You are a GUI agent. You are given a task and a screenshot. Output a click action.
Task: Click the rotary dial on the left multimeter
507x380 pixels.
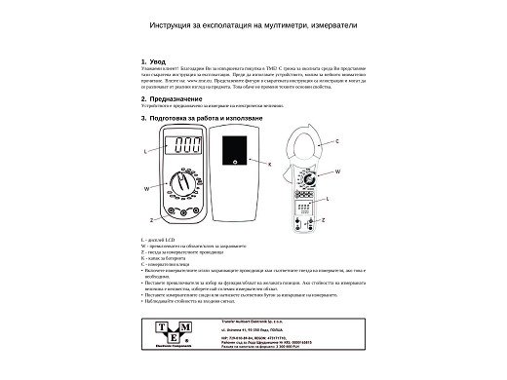(x=181, y=182)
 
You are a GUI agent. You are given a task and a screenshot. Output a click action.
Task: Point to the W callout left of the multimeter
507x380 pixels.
(x=146, y=185)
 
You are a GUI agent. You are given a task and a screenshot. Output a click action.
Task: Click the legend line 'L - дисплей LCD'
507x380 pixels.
(x=160, y=240)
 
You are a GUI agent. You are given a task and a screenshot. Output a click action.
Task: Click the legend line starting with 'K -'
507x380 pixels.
(x=165, y=257)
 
